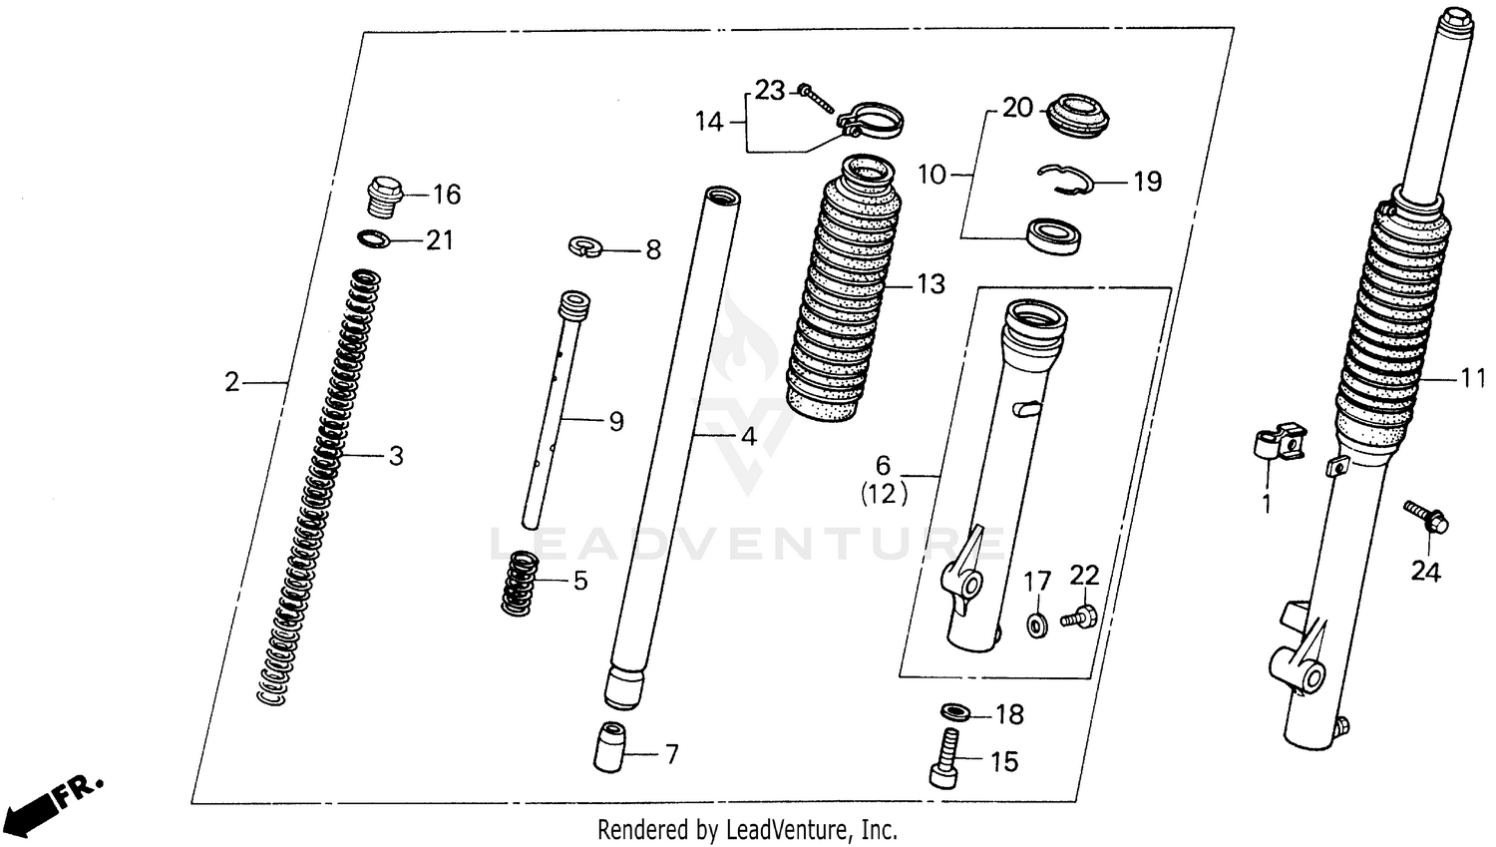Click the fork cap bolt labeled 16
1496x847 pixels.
tap(384, 197)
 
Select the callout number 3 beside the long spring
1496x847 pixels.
tap(396, 457)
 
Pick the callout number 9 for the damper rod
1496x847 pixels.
tap(615, 422)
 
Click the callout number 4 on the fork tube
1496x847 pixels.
tap(747, 436)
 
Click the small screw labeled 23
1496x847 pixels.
tap(815, 97)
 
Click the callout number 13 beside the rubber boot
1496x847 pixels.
tap(930, 284)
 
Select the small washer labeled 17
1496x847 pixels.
tap(1035, 625)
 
